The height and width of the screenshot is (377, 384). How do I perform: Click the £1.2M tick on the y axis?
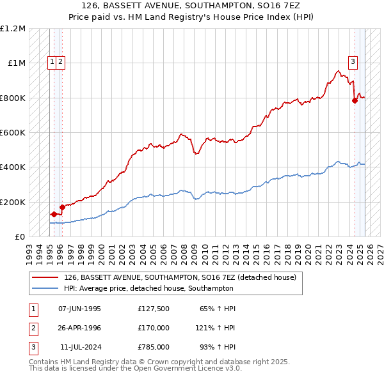click(13, 29)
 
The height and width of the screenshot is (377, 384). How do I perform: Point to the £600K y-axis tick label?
click(13, 133)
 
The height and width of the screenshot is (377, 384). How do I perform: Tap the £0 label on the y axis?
click(20, 236)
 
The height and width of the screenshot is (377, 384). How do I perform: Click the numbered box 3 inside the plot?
click(353, 62)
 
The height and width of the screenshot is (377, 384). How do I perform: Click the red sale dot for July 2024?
click(355, 100)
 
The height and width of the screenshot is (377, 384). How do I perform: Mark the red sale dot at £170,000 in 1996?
click(62, 207)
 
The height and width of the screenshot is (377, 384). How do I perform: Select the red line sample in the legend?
click(45, 278)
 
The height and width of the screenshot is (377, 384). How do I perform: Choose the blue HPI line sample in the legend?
click(45, 288)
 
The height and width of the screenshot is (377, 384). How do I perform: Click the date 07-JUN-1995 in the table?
click(79, 309)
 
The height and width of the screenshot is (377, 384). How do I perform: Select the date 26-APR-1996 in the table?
click(79, 327)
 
